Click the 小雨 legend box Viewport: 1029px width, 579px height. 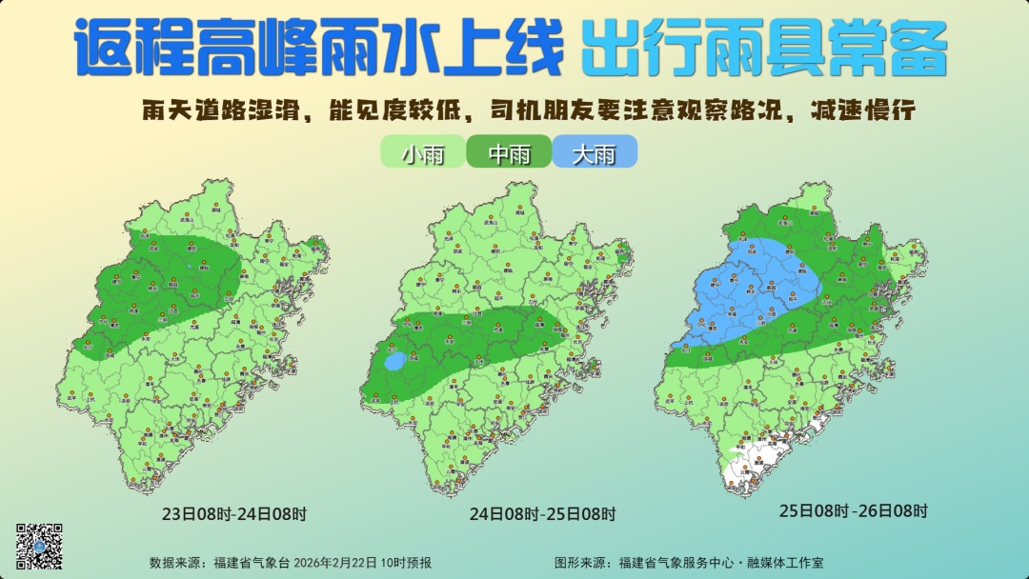tap(422, 153)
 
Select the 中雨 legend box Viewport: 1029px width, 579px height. tap(509, 153)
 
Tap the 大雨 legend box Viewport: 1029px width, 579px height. tap(594, 153)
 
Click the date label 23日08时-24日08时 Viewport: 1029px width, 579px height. tap(234, 514)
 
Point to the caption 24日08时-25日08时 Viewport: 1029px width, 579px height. tap(541, 514)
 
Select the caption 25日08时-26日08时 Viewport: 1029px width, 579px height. tap(853, 510)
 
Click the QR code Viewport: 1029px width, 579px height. tap(39, 546)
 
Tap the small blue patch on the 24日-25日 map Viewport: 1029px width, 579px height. tap(394, 361)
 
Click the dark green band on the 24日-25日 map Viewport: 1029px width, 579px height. tap(476, 338)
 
